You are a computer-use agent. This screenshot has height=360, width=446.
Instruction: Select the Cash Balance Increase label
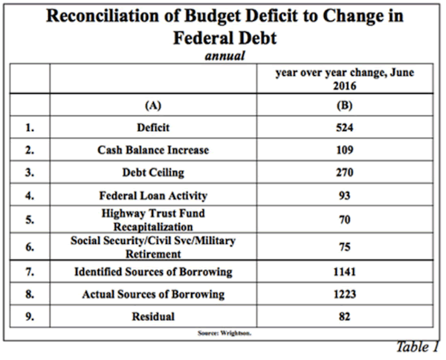click(153, 150)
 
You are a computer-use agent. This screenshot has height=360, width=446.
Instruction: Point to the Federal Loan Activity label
click(153, 196)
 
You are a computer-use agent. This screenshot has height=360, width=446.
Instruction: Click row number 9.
click(29, 317)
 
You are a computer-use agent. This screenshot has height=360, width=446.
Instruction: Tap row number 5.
click(29, 220)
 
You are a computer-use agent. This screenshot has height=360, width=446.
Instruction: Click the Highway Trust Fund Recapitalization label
click(153, 219)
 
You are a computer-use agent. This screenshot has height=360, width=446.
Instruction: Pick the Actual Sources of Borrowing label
click(153, 295)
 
